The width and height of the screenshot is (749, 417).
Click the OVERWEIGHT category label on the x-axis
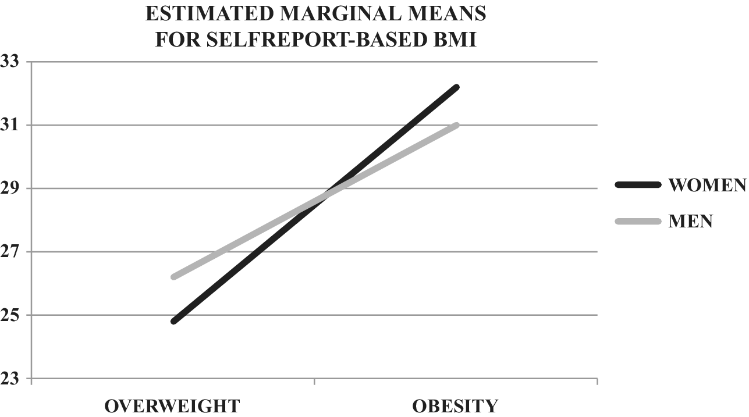click(x=172, y=405)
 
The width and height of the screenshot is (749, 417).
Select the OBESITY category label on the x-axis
click(x=455, y=405)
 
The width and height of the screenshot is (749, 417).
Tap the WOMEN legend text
click(x=707, y=185)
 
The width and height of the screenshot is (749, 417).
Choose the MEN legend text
click(x=691, y=221)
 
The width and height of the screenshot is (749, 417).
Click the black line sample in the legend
click(x=638, y=185)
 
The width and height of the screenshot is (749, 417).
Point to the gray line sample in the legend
click(x=638, y=221)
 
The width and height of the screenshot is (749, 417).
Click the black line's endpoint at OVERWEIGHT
click(x=173, y=321)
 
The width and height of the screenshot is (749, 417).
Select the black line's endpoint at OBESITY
click(x=457, y=87)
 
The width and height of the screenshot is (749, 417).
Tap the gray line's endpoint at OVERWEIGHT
click(x=173, y=277)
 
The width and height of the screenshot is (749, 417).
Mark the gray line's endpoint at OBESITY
click(x=457, y=125)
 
